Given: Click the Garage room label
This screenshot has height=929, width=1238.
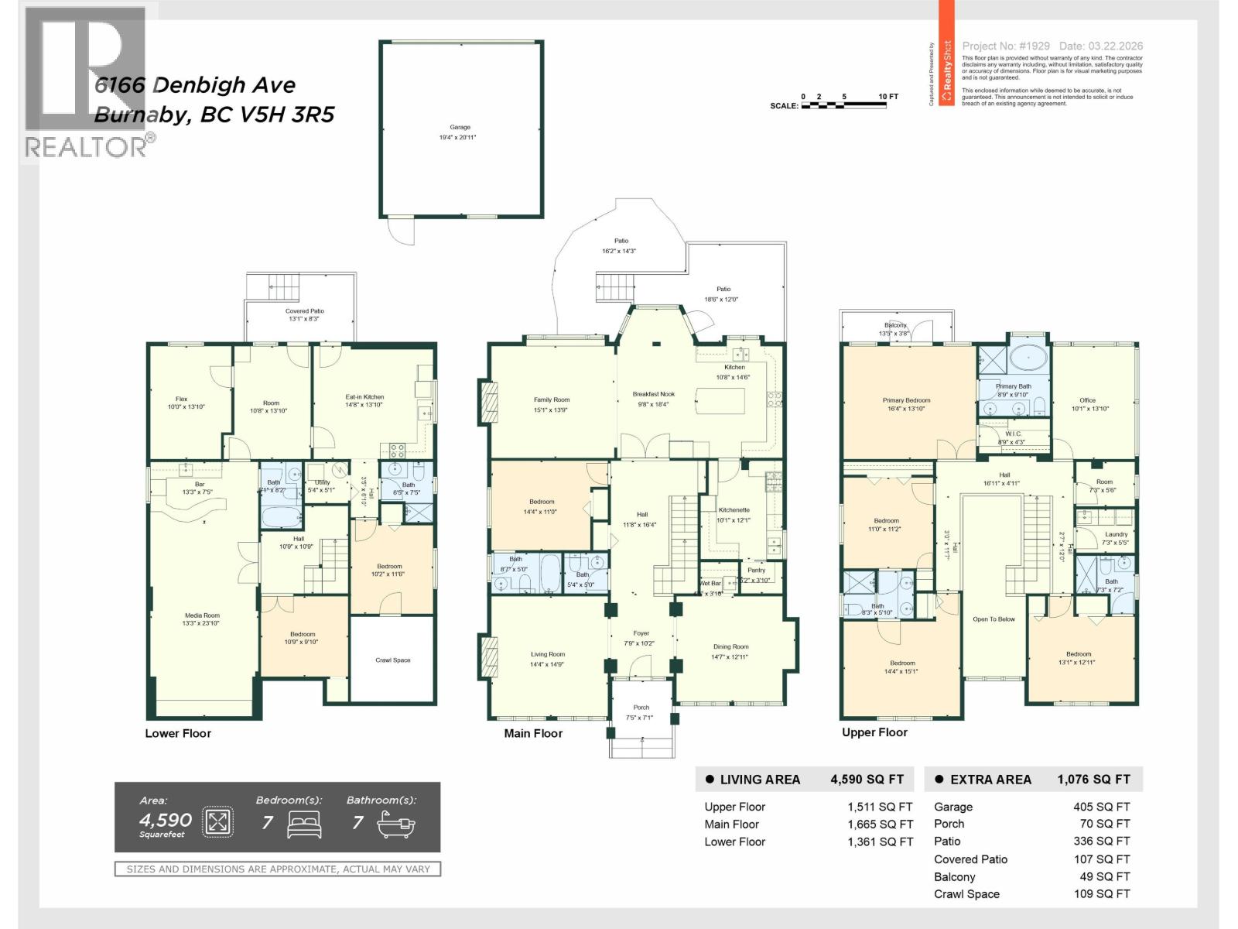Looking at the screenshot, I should pos(460,128).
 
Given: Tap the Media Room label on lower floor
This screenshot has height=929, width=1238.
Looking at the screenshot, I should pos(202,615).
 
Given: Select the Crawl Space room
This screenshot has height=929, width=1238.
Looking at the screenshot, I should pos(392,660).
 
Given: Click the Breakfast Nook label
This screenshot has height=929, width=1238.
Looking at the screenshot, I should pos(654,394).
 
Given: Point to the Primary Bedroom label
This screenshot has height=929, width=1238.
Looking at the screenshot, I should pos(906,400).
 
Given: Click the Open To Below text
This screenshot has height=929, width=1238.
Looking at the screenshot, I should pos(993,619).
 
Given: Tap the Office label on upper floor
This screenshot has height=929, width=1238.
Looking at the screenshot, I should pos(1087,400).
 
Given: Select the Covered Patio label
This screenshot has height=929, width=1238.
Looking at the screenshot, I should pos(305,311).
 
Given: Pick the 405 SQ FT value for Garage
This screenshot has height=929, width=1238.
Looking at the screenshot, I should pos(1101,807).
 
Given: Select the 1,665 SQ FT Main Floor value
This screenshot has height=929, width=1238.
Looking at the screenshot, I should pos(880,824).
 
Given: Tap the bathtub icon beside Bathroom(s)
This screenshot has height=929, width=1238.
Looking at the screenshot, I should pos(396,824).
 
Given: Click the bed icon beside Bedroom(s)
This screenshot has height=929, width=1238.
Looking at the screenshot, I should pos(304,824).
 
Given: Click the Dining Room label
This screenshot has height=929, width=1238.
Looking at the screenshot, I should pos(730,646).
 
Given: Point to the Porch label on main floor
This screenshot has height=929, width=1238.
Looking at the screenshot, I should pos(641,707).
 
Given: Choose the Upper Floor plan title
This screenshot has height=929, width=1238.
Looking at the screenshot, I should pos(874,732).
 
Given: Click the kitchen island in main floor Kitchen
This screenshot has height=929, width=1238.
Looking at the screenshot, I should pos(720,401).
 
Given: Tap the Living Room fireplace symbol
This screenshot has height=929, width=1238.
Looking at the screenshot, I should pos(489,656).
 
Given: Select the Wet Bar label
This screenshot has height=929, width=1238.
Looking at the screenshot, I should pos(710,583).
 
